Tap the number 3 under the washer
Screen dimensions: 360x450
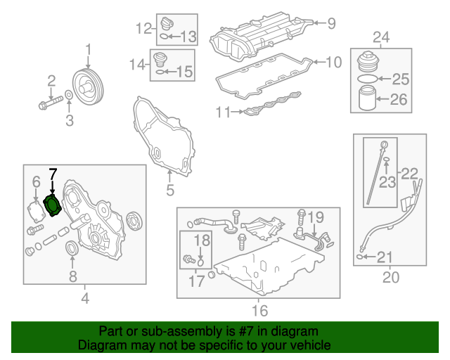tap(69, 122)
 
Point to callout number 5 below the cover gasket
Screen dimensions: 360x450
tap(169, 190)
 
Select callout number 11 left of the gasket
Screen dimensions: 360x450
tap(223, 112)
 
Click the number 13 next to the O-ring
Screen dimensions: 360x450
tap(188, 35)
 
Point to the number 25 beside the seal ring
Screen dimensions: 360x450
tap(399, 78)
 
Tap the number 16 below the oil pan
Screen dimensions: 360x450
tap(259, 310)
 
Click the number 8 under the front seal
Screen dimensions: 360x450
tap(72, 276)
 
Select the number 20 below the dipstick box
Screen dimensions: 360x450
tap(390, 277)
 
